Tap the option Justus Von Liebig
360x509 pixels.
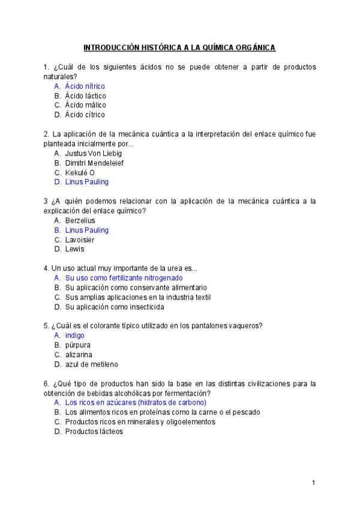93,153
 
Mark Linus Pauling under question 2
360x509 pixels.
86,182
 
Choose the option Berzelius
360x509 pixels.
80,220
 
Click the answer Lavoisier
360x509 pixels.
79,239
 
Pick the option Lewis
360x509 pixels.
74,249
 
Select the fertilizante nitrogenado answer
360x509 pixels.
124,278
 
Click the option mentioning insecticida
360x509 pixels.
114,307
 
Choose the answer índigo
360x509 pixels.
74,336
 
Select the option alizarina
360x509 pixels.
79,355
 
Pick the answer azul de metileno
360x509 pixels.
91,364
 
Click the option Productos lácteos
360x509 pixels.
94,432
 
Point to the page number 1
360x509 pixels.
313,483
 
